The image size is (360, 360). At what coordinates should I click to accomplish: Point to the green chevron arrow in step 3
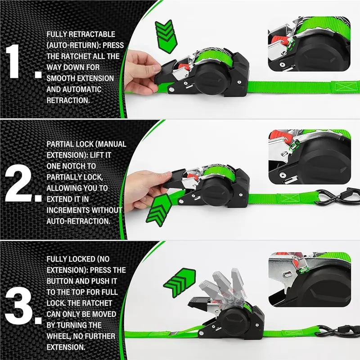coord(180,283)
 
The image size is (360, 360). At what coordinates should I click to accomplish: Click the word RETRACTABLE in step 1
coord(92,34)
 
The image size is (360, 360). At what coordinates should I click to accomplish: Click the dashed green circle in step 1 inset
coord(291,44)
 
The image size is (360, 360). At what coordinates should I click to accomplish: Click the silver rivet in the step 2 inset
coord(283,175)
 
